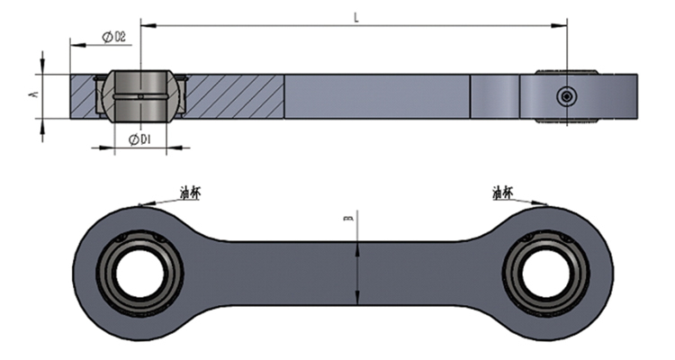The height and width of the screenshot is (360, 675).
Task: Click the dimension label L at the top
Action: click(356, 17)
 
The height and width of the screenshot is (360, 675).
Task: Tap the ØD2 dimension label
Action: click(113, 36)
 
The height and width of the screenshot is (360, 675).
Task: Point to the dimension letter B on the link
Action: click(350, 217)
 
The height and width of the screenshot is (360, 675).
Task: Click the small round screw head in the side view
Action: click(564, 96)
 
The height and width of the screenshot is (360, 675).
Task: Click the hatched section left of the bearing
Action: click(86, 96)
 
